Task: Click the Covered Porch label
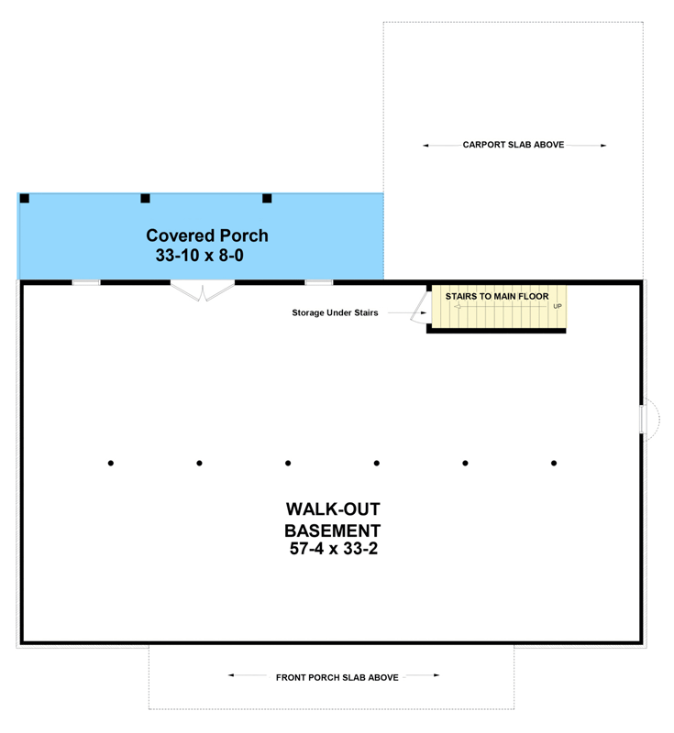[207, 236]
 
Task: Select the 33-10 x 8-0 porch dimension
[200, 257]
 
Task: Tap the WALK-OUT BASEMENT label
[332, 520]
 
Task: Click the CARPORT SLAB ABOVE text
[513, 145]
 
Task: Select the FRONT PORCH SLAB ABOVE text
[337, 677]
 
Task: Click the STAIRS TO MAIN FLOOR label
[496, 297]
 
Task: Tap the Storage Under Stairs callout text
[335, 313]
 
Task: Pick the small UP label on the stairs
[558, 306]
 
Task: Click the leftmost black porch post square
[25, 198]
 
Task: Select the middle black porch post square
[145, 198]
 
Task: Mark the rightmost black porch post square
[268, 198]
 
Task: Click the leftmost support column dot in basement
[111, 464]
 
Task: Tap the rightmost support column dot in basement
[554, 464]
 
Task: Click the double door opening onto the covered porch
[203, 290]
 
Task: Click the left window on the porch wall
[86, 282]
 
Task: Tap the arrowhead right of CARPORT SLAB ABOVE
[602, 145]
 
